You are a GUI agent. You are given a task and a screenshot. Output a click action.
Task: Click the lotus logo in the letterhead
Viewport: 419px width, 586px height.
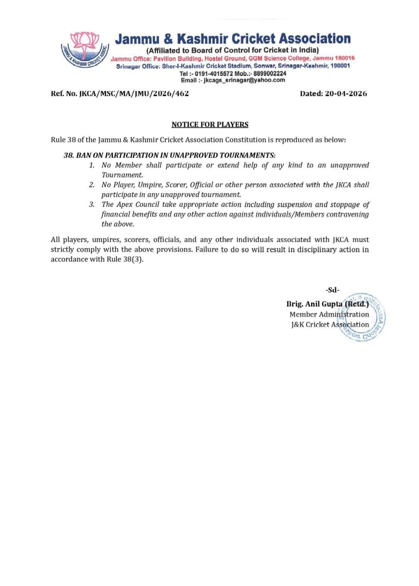click(x=85, y=50)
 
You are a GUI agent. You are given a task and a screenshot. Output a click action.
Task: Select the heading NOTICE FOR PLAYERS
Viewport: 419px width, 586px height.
click(x=210, y=125)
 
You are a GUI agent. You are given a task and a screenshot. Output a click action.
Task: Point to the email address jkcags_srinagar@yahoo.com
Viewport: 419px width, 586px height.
click(x=244, y=80)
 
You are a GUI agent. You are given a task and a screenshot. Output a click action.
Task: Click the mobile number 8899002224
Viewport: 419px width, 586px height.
click(x=270, y=74)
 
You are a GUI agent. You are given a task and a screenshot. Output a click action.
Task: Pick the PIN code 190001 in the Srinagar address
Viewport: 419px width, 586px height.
click(x=340, y=66)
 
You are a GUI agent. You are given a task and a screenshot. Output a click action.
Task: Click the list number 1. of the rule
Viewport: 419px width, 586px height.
click(x=92, y=165)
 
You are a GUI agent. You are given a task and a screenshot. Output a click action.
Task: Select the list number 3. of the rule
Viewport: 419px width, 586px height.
click(x=92, y=205)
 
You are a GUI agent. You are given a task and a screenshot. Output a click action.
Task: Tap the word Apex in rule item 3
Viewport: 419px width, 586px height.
click(x=125, y=205)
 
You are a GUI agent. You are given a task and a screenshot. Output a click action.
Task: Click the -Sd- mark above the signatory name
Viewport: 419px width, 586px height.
click(x=332, y=290)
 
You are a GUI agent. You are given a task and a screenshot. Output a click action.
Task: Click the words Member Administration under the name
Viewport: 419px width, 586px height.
click(x=329, y=315)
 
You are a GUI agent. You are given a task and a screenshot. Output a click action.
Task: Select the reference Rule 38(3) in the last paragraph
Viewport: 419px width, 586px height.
click(x=125, y=259)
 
